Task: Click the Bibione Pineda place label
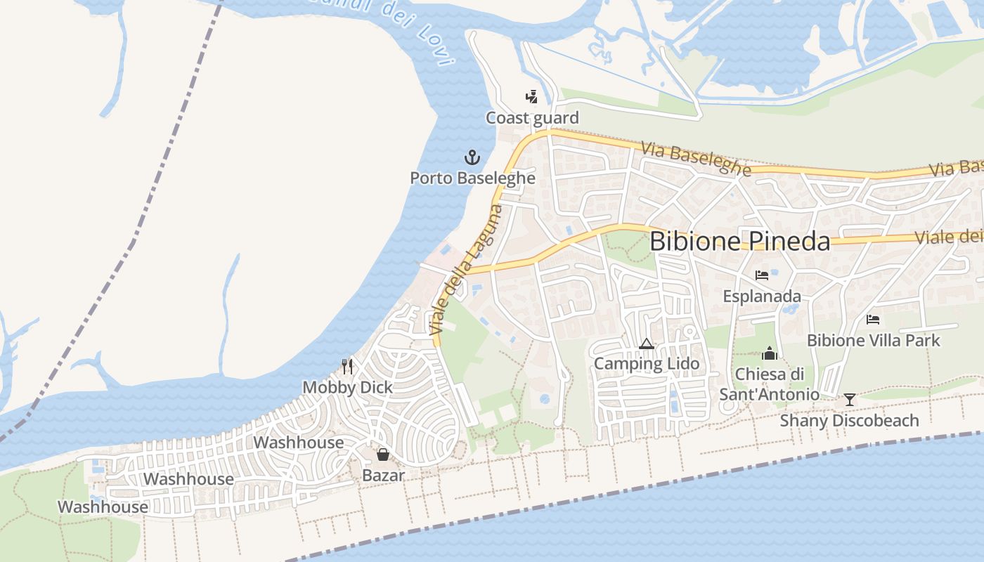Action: (739, 241)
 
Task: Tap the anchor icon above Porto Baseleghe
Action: (472, 157)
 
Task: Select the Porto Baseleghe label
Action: (472, 178)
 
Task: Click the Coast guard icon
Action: (532, 97)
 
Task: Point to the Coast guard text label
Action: (532, 117)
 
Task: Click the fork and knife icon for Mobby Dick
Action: (347, 366)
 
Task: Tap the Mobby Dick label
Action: (347, 387)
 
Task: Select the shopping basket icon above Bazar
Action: (383, 455)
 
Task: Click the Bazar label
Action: (383, 476)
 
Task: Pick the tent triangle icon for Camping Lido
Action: (647, 344)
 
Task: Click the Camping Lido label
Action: (647, 364)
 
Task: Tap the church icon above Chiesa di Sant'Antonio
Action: (770, 353)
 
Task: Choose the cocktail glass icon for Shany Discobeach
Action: (850, 400)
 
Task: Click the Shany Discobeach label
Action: (850, 420)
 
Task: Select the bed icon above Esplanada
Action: (762, 275)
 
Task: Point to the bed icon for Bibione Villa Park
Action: (873, 320)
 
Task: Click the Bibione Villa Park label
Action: (873, 341)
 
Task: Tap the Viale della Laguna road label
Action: (467, 270)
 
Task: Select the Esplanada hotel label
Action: (762, 296)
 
